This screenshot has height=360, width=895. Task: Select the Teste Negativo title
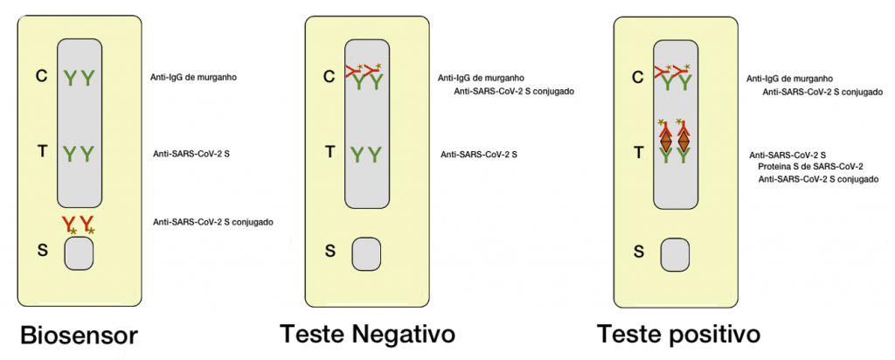tap(367, 334)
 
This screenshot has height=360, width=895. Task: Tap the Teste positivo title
tap(678, 334)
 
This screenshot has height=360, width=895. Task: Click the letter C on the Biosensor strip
tap(40, 76)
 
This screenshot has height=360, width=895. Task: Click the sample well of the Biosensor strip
tap(79, 253)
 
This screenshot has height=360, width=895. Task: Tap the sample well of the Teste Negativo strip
tap(367, 253)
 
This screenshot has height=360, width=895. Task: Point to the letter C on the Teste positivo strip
tap(639, 76)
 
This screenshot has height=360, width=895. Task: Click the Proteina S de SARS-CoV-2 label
tap(810, 166)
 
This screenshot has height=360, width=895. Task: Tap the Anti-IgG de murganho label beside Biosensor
tap(194, 77)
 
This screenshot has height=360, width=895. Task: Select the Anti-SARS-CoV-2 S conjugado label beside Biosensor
tap(213, 222)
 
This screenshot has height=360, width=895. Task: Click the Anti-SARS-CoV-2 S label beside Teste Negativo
tap(478, 154)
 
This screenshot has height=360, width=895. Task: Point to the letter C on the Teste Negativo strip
tap(329, 76)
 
